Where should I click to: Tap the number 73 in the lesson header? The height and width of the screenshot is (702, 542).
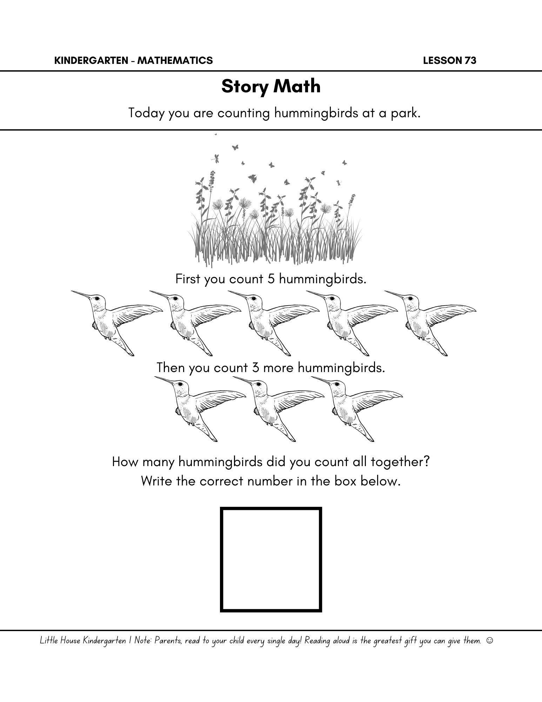(470, 61)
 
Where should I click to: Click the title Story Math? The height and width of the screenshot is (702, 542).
(271, 86)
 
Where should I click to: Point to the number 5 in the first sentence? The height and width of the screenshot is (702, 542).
(270, 279)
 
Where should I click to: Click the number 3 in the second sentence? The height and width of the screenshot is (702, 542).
(255, 368)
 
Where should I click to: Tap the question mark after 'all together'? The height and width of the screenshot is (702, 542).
(427, 462)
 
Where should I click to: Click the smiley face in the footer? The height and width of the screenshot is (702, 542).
(490, 641)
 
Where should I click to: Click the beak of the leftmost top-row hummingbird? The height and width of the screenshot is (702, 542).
(81, 294)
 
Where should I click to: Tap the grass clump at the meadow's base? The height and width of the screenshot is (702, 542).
(274, 246)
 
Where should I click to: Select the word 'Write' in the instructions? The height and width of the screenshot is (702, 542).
(157, 481)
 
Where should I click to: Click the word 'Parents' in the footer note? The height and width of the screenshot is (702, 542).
(168, 641)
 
